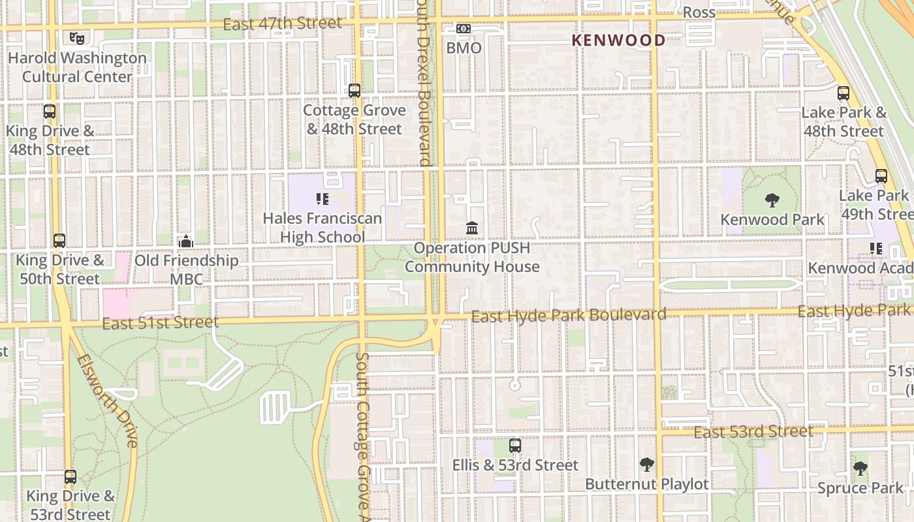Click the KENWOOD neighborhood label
618,40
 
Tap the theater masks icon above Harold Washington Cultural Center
77,38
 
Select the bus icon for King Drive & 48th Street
50,111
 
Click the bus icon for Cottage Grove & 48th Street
355,91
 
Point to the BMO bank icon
464,29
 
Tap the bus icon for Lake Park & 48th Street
843,93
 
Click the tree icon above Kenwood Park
772,200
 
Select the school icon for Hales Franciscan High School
322,198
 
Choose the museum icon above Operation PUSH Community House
472,228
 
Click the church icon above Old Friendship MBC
186,241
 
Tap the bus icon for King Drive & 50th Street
59,241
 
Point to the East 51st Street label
161,323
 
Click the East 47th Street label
282,24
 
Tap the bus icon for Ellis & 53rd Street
515,446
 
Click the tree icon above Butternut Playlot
646,465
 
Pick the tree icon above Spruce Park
860,468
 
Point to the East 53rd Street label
753,432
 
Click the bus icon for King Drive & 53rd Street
71,477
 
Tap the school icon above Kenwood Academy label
875,249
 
